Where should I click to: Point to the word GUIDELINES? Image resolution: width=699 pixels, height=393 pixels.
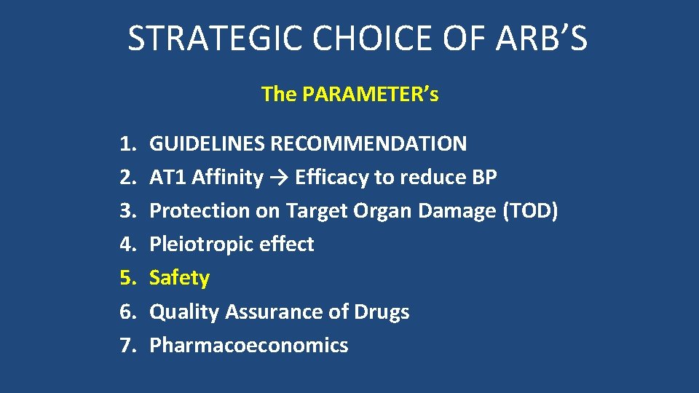[x=207, y=143]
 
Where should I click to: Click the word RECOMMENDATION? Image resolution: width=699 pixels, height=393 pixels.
[x=368, y=143]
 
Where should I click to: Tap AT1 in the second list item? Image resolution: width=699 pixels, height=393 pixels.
[x=167, y=177]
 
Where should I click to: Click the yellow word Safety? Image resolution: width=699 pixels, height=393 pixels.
[x=179, y=278]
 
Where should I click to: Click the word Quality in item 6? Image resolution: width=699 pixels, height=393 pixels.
[x=184, y=312]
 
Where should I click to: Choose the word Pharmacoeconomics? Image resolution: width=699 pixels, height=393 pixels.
[x=248, y=346]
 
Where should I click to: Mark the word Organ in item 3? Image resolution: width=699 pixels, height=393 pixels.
[x=382, y=211]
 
